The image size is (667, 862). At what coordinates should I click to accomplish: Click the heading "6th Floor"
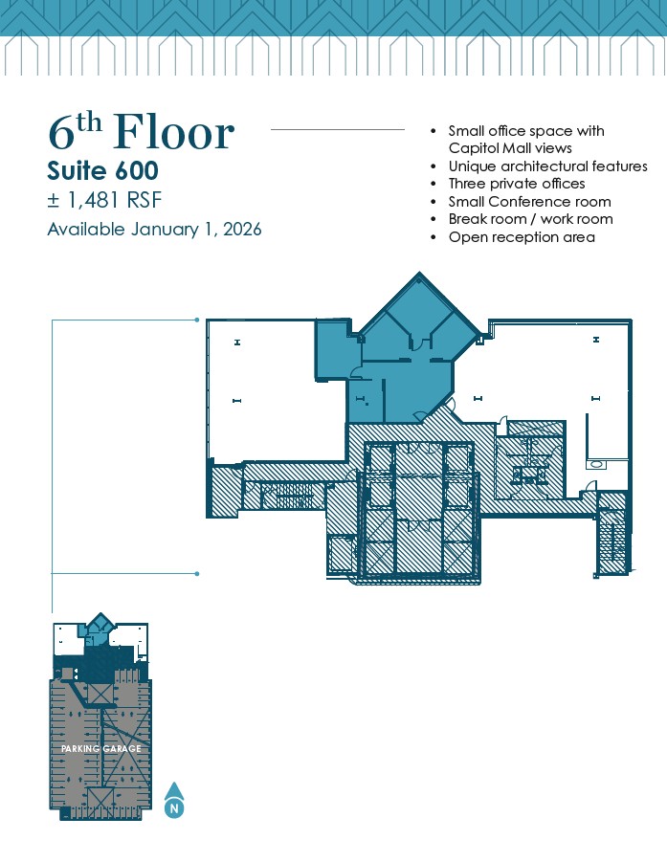142,132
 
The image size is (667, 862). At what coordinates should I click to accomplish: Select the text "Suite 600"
102,171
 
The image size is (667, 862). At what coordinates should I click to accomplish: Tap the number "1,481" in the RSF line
93,200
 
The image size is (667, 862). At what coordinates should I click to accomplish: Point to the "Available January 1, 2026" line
154,229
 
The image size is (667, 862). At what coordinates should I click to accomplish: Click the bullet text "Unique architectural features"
547,166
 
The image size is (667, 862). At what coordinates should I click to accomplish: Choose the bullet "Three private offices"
517,184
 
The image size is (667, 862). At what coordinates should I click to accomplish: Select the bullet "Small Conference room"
529,202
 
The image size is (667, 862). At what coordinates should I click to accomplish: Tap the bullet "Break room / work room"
530,219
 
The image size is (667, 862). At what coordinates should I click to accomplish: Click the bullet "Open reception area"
522,237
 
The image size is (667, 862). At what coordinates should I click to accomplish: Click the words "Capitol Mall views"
510,148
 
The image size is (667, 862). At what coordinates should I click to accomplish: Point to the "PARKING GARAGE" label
101,749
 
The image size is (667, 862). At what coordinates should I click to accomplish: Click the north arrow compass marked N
174,800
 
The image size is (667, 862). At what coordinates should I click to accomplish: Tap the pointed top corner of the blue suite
419,272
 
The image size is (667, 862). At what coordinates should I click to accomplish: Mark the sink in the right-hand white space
596,465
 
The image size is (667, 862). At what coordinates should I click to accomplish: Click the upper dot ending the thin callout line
197,320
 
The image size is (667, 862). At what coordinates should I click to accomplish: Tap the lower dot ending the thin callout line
197,573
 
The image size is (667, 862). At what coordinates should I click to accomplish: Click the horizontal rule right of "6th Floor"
338,130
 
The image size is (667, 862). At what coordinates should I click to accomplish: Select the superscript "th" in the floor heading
90,123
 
